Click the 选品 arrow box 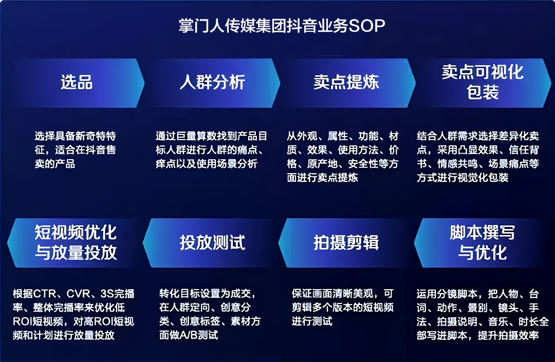[76, 82]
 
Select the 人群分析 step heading [212, 82]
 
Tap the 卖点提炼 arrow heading [346, 82]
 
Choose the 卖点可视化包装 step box [482, 82]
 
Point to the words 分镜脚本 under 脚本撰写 [461, 294]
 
